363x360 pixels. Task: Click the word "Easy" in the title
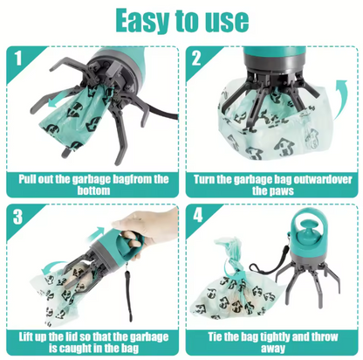[143, 21]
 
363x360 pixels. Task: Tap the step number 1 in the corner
[18, 59]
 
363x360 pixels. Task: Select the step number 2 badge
[196, 58]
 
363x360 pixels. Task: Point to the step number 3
[17, 217]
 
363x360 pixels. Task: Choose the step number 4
[198, 216]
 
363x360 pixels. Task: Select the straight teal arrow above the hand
[96, 234]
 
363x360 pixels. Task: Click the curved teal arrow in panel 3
[52, 267]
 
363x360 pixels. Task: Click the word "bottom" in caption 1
[93, 190]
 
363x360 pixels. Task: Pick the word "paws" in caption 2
[281, 191]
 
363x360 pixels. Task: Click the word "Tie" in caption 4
[216, 336]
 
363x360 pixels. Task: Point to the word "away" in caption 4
[272, 349]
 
